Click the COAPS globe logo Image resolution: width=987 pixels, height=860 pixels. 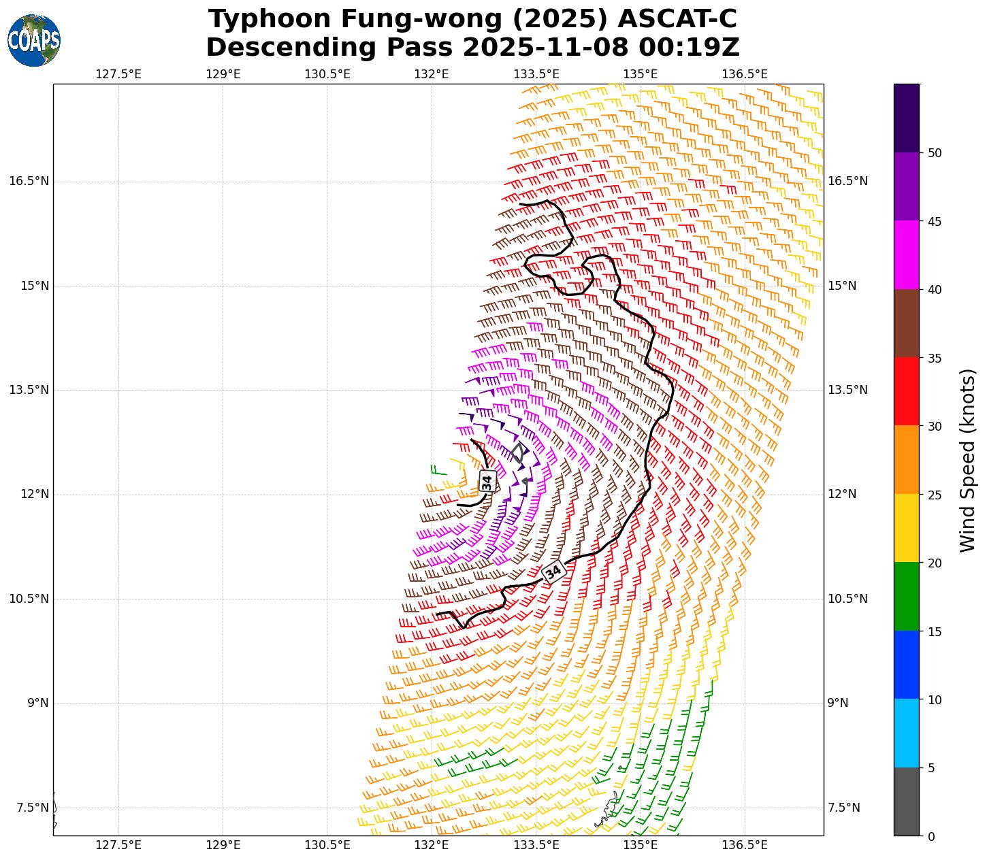click(34, 41)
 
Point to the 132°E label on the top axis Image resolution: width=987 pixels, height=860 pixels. click(431, 73)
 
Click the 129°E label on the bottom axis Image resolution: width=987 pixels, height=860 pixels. click(223, 845)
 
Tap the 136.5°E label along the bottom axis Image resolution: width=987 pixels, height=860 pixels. click(745, 845)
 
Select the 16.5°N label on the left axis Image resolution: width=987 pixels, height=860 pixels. click(29, 181)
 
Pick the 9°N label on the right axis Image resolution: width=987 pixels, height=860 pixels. click(838, 703)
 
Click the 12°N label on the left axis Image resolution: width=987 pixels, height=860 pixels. click(34, 494)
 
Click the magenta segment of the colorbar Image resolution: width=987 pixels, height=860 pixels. click(906, 254)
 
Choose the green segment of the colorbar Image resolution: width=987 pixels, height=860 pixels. click(906, 596)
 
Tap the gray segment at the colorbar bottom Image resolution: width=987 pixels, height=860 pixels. click(906, 801)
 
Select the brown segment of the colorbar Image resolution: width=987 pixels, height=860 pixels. click(906, 323)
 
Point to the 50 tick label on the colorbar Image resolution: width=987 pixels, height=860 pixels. click(935, 152)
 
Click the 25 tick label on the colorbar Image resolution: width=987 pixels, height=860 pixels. click(935, 495)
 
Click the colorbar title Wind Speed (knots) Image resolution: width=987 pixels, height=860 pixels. click(967, 460)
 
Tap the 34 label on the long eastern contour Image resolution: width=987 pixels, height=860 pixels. click(554, 572)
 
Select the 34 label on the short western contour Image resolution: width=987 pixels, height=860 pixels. click(487, 482)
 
